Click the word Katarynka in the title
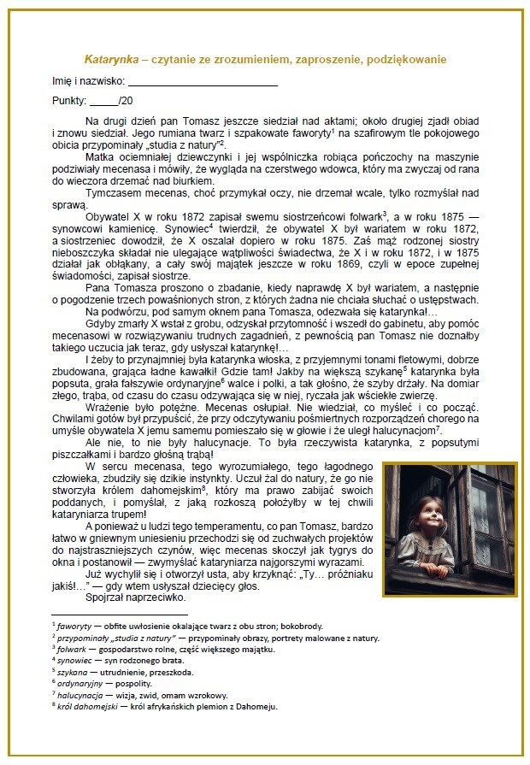(x=109, y=60)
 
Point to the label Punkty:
(x=69, y=101)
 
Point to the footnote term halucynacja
(x=77, y=695)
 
